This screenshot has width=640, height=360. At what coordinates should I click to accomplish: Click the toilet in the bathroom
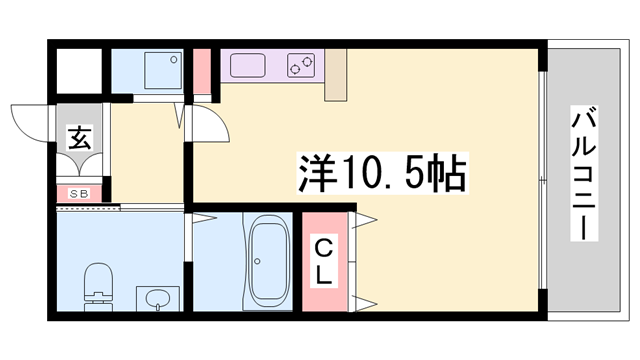click(97, 280)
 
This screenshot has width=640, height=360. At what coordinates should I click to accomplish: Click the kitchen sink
click(246, 66)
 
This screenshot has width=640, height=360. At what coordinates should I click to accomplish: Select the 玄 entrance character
click(79, 138)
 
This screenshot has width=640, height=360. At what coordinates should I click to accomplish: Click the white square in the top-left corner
click(77, 69)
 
